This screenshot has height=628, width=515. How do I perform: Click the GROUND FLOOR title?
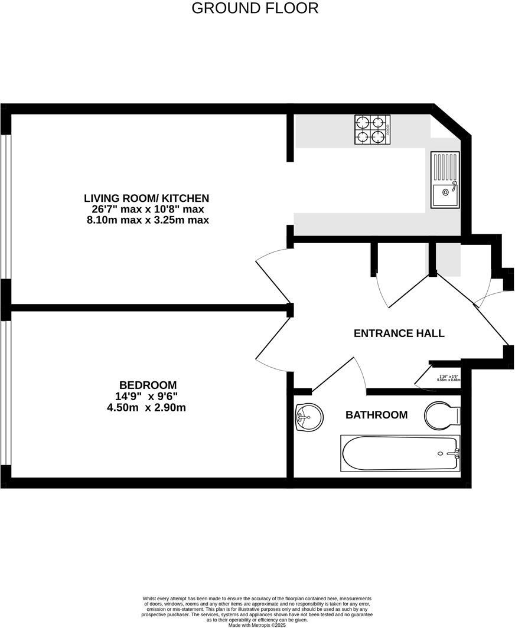pos(255,8)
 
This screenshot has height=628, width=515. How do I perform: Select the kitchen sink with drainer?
pos(445,179)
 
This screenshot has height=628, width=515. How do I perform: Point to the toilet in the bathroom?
pos(440,416)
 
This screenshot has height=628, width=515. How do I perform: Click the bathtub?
pos(400,453)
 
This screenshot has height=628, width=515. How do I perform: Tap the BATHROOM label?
pos(376,415)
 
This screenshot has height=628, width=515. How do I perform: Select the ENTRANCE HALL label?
pos(399,333)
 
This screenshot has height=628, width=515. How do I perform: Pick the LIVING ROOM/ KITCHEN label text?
pos(146,198)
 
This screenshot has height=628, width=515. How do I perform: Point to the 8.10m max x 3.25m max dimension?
pos(146,220)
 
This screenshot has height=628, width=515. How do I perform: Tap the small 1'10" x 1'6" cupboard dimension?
pos(448,378)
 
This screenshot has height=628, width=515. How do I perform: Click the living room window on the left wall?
pos(5,207)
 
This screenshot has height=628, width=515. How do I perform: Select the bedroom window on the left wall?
pos(5,392)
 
